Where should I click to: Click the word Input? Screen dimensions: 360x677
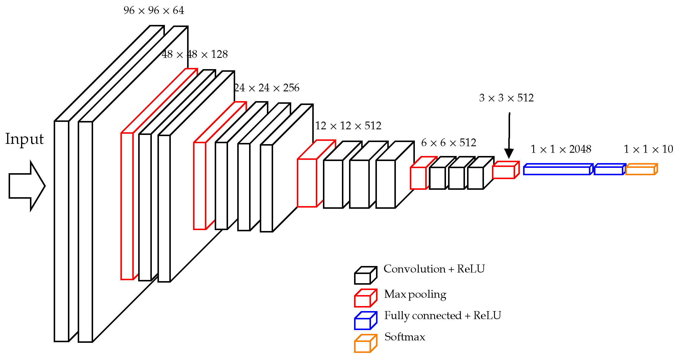point(24,139)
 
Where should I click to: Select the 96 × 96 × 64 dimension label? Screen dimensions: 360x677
point(154,11)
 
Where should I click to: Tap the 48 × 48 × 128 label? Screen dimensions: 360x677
point(195,54)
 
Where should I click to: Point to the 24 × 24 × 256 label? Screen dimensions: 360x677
point(267,88)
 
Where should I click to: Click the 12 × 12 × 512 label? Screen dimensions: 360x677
point(348,126)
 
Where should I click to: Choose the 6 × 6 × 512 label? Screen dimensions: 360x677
point(448,143)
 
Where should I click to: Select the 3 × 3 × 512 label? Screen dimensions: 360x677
point(506,98)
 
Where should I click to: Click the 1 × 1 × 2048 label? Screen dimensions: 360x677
point(561,149)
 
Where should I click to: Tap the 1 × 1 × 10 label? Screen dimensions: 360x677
point(648,149)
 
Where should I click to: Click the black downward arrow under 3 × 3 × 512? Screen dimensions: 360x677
point(509,136)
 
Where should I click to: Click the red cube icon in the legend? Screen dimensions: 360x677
point(365,298)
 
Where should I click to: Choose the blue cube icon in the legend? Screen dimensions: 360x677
point(365,321)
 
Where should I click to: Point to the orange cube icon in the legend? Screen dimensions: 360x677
point(365,344)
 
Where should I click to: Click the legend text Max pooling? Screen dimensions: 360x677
point(415,294)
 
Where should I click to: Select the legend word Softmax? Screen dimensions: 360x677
point(405,337)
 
